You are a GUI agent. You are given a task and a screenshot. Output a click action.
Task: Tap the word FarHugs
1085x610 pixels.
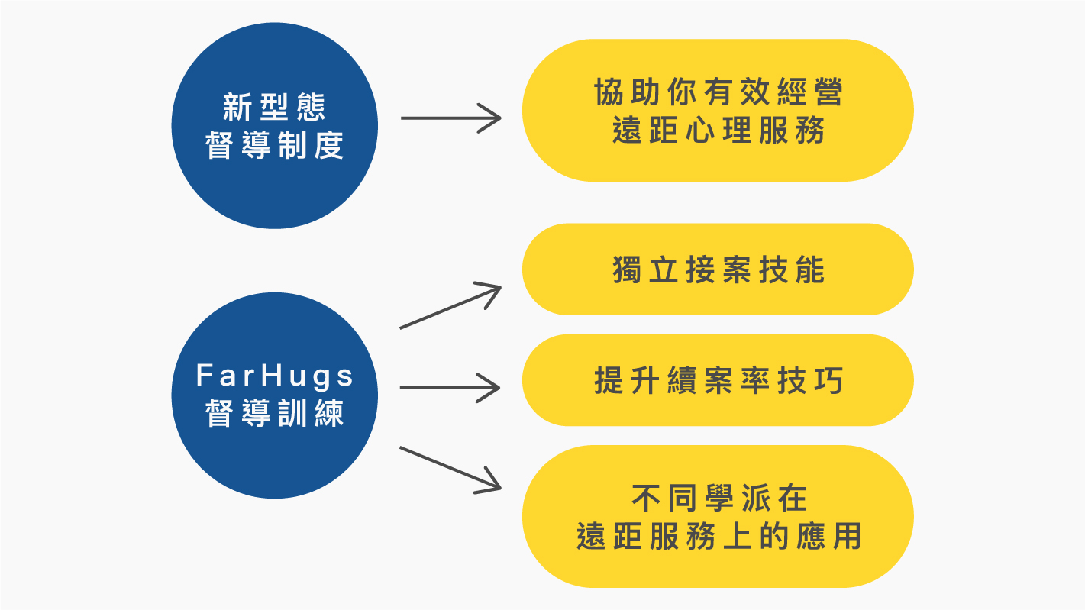tap(275, 376)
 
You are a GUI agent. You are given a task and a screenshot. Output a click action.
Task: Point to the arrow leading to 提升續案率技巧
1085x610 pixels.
tap(450, 388)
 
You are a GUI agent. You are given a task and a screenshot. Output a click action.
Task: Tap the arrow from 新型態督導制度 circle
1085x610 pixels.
tap(450, 118)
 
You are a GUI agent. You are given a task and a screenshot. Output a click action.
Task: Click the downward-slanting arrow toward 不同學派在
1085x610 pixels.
tap(450, 468)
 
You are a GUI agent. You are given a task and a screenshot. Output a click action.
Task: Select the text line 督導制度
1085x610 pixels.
tap(275, 145)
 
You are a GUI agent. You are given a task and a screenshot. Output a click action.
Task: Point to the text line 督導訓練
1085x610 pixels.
tap(275, 413)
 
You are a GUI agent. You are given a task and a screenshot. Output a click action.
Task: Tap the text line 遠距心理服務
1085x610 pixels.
tap(718, 131)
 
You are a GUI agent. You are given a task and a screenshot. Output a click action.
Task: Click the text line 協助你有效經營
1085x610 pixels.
tap(718, 93)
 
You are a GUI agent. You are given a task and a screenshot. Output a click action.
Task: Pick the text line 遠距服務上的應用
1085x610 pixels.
tap(718, 537)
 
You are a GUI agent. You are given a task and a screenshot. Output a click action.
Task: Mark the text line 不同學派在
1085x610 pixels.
tap(718, 499)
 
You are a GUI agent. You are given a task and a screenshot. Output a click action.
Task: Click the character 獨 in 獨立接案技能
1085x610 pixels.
tap(625, 270)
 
